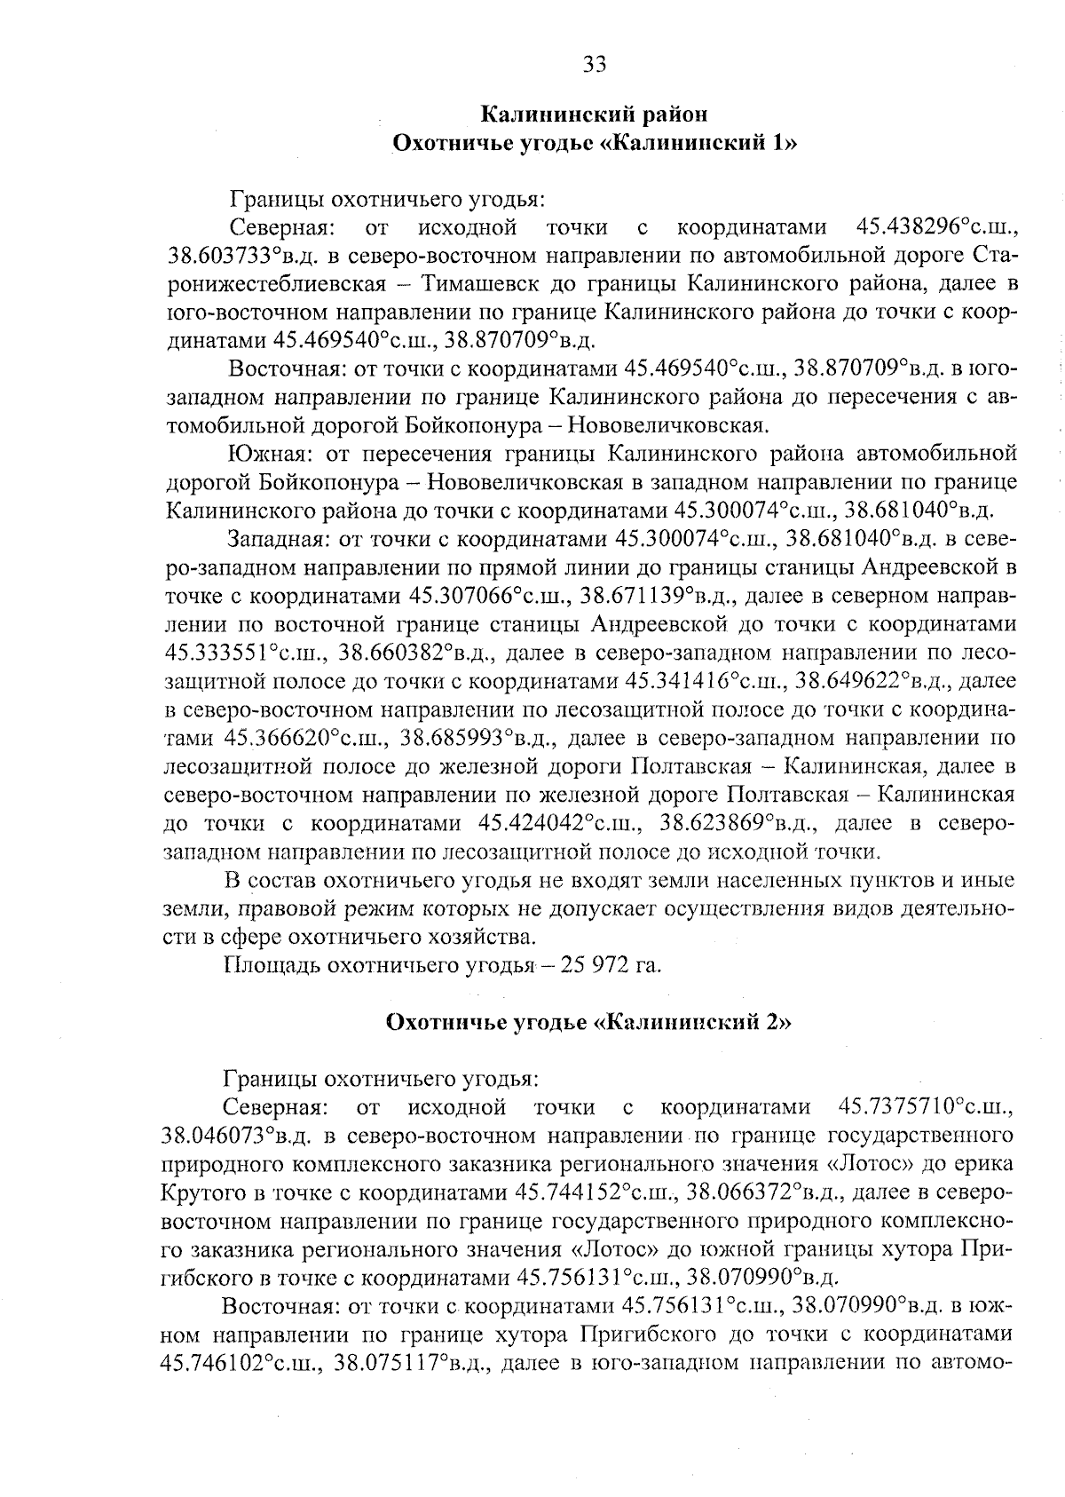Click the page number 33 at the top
point(594,64)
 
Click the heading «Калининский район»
point(594,114)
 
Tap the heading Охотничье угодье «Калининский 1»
point(594,143)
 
